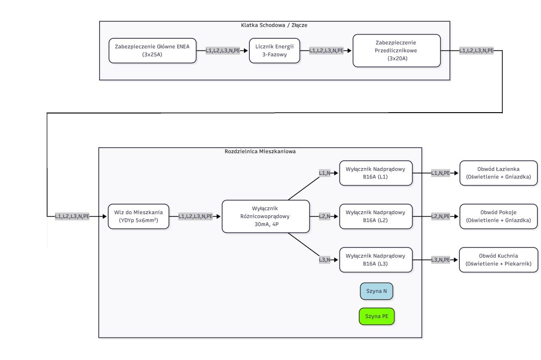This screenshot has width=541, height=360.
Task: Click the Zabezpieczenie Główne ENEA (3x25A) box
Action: (x=152, y=51)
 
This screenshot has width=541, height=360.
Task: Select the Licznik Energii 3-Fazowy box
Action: (x=275, y=51)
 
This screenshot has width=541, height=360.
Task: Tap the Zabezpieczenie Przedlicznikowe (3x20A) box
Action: (x=397, y=51)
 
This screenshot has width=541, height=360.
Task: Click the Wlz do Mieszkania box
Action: (x=138, y=216)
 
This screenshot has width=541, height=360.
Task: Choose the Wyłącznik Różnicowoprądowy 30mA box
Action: (x=266, y=216)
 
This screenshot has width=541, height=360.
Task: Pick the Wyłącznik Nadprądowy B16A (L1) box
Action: (x=376, y=173)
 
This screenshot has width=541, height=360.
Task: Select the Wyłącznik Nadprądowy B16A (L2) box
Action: (x=376, y=216)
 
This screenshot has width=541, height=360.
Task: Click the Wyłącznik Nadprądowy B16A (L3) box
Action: (x=376, y=260)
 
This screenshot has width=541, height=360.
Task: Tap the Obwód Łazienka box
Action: (x=499, y=173)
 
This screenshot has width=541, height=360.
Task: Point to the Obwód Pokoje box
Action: (x=499, y=216)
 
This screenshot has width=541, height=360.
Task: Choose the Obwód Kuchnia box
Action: (x=499, y=260)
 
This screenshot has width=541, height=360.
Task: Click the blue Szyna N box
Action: (x=376, y=291)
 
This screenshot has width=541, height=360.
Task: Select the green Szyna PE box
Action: (x=376, y=316)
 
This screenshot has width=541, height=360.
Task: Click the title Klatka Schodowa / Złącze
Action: (x=274, y=25)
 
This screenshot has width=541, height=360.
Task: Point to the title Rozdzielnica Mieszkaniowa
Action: (x=260, y=151)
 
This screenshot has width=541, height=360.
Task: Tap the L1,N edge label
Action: (x=325, y=173)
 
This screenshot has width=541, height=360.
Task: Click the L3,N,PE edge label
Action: (x=440, y=260)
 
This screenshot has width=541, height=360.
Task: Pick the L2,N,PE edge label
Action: (x=440, y=216)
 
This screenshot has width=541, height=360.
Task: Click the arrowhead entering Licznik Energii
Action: (x=246, y=51)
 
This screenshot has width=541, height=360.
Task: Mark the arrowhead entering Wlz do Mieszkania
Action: (x=105, y=216)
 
